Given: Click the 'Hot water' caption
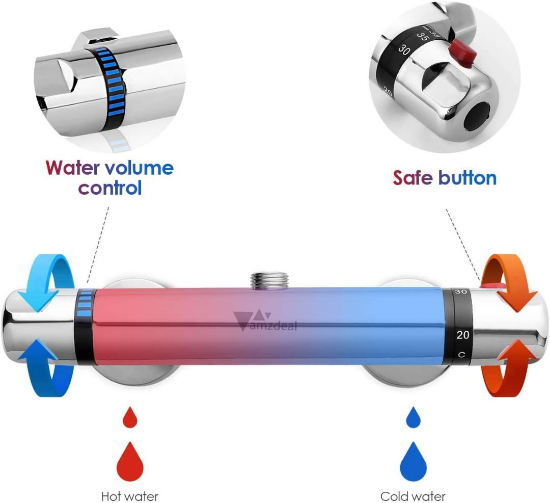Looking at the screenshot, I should coord(130,496).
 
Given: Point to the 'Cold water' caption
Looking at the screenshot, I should coord(413,496).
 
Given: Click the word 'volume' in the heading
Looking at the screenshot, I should coord(139,168).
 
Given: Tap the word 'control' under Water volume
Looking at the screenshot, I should coord(109,188).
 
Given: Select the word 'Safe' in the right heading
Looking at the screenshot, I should coord(413,178).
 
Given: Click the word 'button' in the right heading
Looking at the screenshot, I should coord(467,178).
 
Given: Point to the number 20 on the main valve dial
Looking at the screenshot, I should coord(462,335).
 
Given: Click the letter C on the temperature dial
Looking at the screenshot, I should coord(461,355).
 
